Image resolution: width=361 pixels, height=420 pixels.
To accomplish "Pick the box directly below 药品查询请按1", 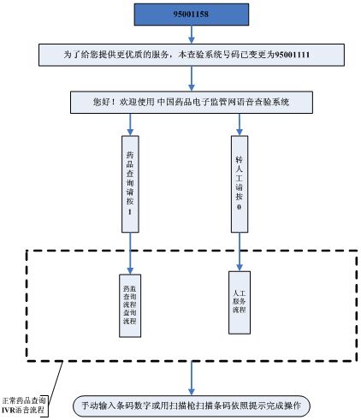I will (x=130, y=305).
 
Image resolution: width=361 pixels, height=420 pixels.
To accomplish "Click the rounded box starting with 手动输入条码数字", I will (x=190, y=403).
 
